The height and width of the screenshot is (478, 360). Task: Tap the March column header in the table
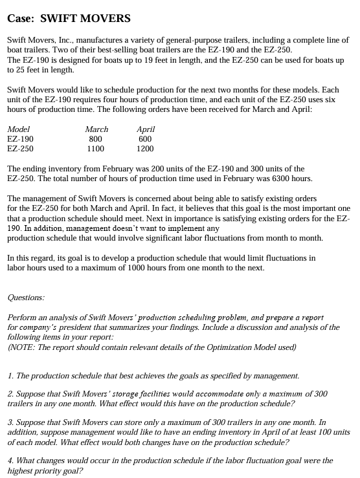pyautogui.click(x=96, y=129)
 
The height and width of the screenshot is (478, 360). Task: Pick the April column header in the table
pyautogui.click(x=146, y=129)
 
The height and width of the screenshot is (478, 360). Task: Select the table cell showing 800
pyautogui.click(x=95, y=139)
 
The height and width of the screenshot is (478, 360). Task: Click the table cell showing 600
pyautogui.click(x=145, y=139)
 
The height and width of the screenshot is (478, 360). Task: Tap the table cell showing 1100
pyautogui.click(x=95, y=149)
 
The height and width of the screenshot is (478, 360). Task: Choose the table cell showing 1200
pyautogui.click(x=145, y=149)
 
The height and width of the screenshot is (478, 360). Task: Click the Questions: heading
pyautogui.click(x=26, y=298)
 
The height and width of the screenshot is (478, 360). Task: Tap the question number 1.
pyautogui.click(x=10, y=375)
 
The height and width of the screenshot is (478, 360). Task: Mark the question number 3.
pyautogui.click(x=10, y=421)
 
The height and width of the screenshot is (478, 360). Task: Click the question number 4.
pyautogui.click(x=10, y=461)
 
